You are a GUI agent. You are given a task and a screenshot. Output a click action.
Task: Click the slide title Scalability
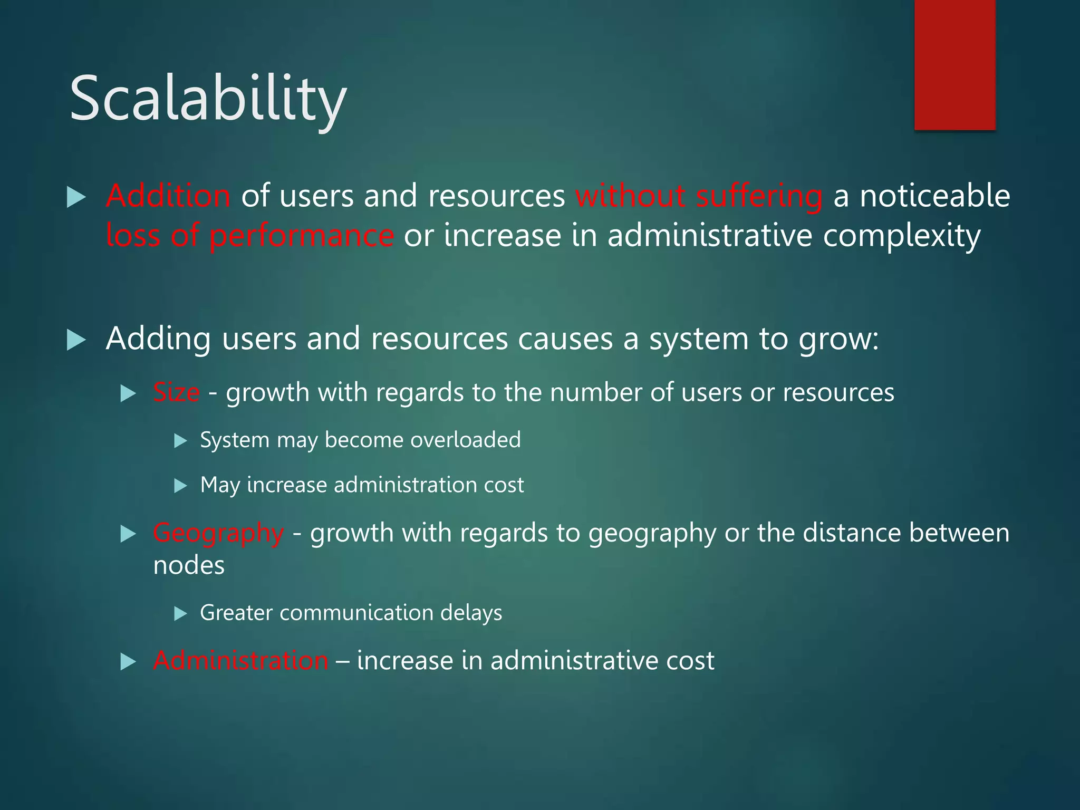(x=208, y=99)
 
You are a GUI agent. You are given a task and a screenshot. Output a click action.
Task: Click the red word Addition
(x=168, y=196)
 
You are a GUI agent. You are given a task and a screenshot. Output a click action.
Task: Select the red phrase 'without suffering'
(x=699, y=196)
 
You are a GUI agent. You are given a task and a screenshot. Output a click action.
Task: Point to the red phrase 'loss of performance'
(x=249, y=236)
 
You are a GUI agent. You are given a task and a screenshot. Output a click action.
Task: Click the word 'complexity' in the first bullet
(x=901, y=236)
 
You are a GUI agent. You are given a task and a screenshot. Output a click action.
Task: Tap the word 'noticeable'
(x=935, y=196)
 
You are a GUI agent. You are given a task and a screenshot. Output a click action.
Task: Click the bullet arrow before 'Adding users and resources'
(x=76, y=340)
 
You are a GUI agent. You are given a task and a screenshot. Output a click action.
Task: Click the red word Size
(x=176, y=393)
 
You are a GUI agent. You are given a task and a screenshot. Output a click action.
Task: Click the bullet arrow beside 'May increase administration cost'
(x=181, y=485)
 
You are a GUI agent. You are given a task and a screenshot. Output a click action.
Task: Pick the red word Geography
(x=218, y=533)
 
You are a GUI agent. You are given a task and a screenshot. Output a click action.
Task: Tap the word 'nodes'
(x=189, y=566)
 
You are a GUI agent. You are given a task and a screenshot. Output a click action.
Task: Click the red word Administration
(x=240, y=661)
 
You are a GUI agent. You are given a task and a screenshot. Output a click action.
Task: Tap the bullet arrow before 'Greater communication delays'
(x=181, y=613)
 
